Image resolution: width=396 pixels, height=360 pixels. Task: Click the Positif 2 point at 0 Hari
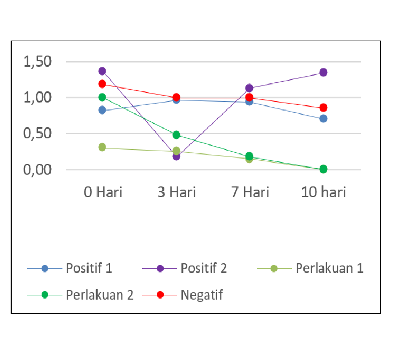(102, 71)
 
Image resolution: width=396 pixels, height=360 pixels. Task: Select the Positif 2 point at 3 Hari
(176, 156)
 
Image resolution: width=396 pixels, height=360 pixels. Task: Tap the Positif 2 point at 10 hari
(323, 72)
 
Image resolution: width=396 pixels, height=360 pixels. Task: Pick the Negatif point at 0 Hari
(102, 84)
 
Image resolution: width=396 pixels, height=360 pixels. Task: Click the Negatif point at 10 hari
(323, 107)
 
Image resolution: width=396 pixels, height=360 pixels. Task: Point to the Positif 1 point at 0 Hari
(102, 110)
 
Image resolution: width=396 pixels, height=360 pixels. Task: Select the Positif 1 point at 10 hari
(323, 118)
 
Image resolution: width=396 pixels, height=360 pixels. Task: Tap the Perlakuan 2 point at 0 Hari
(102, 97)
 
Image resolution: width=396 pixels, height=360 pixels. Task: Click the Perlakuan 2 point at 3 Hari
(176, 135)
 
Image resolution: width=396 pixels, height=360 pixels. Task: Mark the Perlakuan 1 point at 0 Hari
(102, 147)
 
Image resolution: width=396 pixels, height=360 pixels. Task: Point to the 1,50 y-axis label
(37, 62)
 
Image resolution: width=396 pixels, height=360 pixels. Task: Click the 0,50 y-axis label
(37, 134)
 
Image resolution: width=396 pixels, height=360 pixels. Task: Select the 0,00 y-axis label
(37, 170)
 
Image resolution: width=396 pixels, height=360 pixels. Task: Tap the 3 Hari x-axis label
(176, 192)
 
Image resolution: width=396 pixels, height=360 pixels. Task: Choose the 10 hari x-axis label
(323, 192)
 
